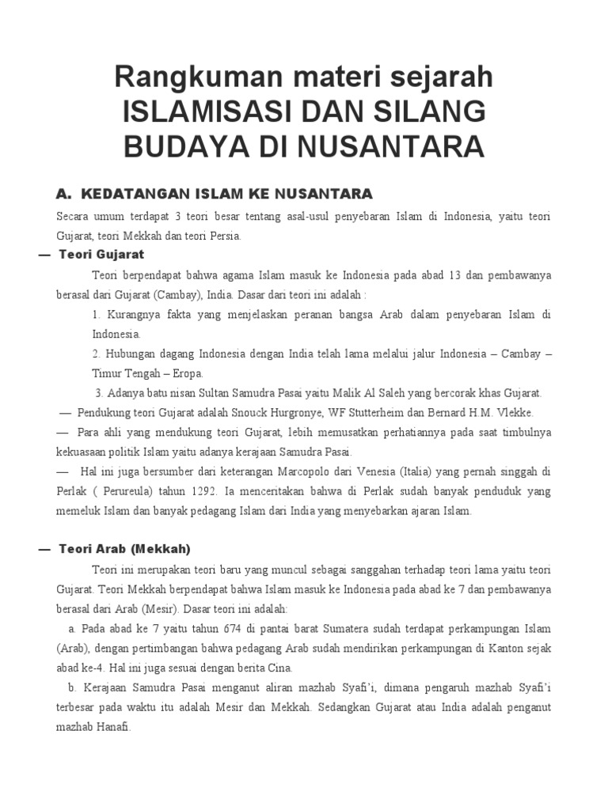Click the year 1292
point(199,491)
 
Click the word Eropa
point(187,373)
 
